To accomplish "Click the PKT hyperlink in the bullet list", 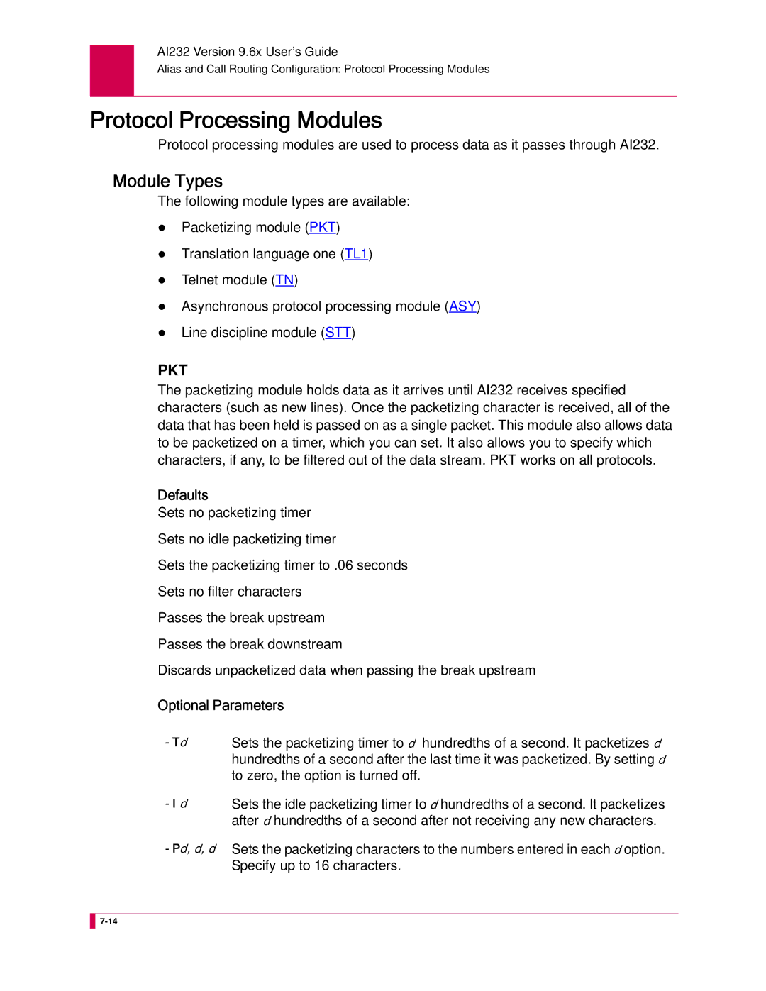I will pos(322,228).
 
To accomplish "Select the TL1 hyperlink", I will pos(356,254).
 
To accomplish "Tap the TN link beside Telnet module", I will pos(284,280).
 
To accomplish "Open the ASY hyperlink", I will pos(462,306).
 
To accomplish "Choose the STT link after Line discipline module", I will pos(338,333).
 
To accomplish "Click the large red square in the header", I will pos(112,70).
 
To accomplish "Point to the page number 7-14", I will pos(109,921).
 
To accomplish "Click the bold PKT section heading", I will pos(172,370).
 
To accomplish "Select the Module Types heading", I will pos(167,182).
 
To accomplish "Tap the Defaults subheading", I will pos(183,495).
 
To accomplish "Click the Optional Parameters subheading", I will pos(221,706).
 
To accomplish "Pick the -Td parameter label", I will pos(177,743).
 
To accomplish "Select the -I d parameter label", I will pos(177,804).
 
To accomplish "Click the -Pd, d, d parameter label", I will pos(191,849).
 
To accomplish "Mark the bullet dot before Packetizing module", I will pos(162,228).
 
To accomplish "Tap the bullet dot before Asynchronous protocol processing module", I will pos(162,306).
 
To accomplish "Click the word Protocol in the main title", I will pos(132,121).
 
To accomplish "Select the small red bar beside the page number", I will pos(92,921).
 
